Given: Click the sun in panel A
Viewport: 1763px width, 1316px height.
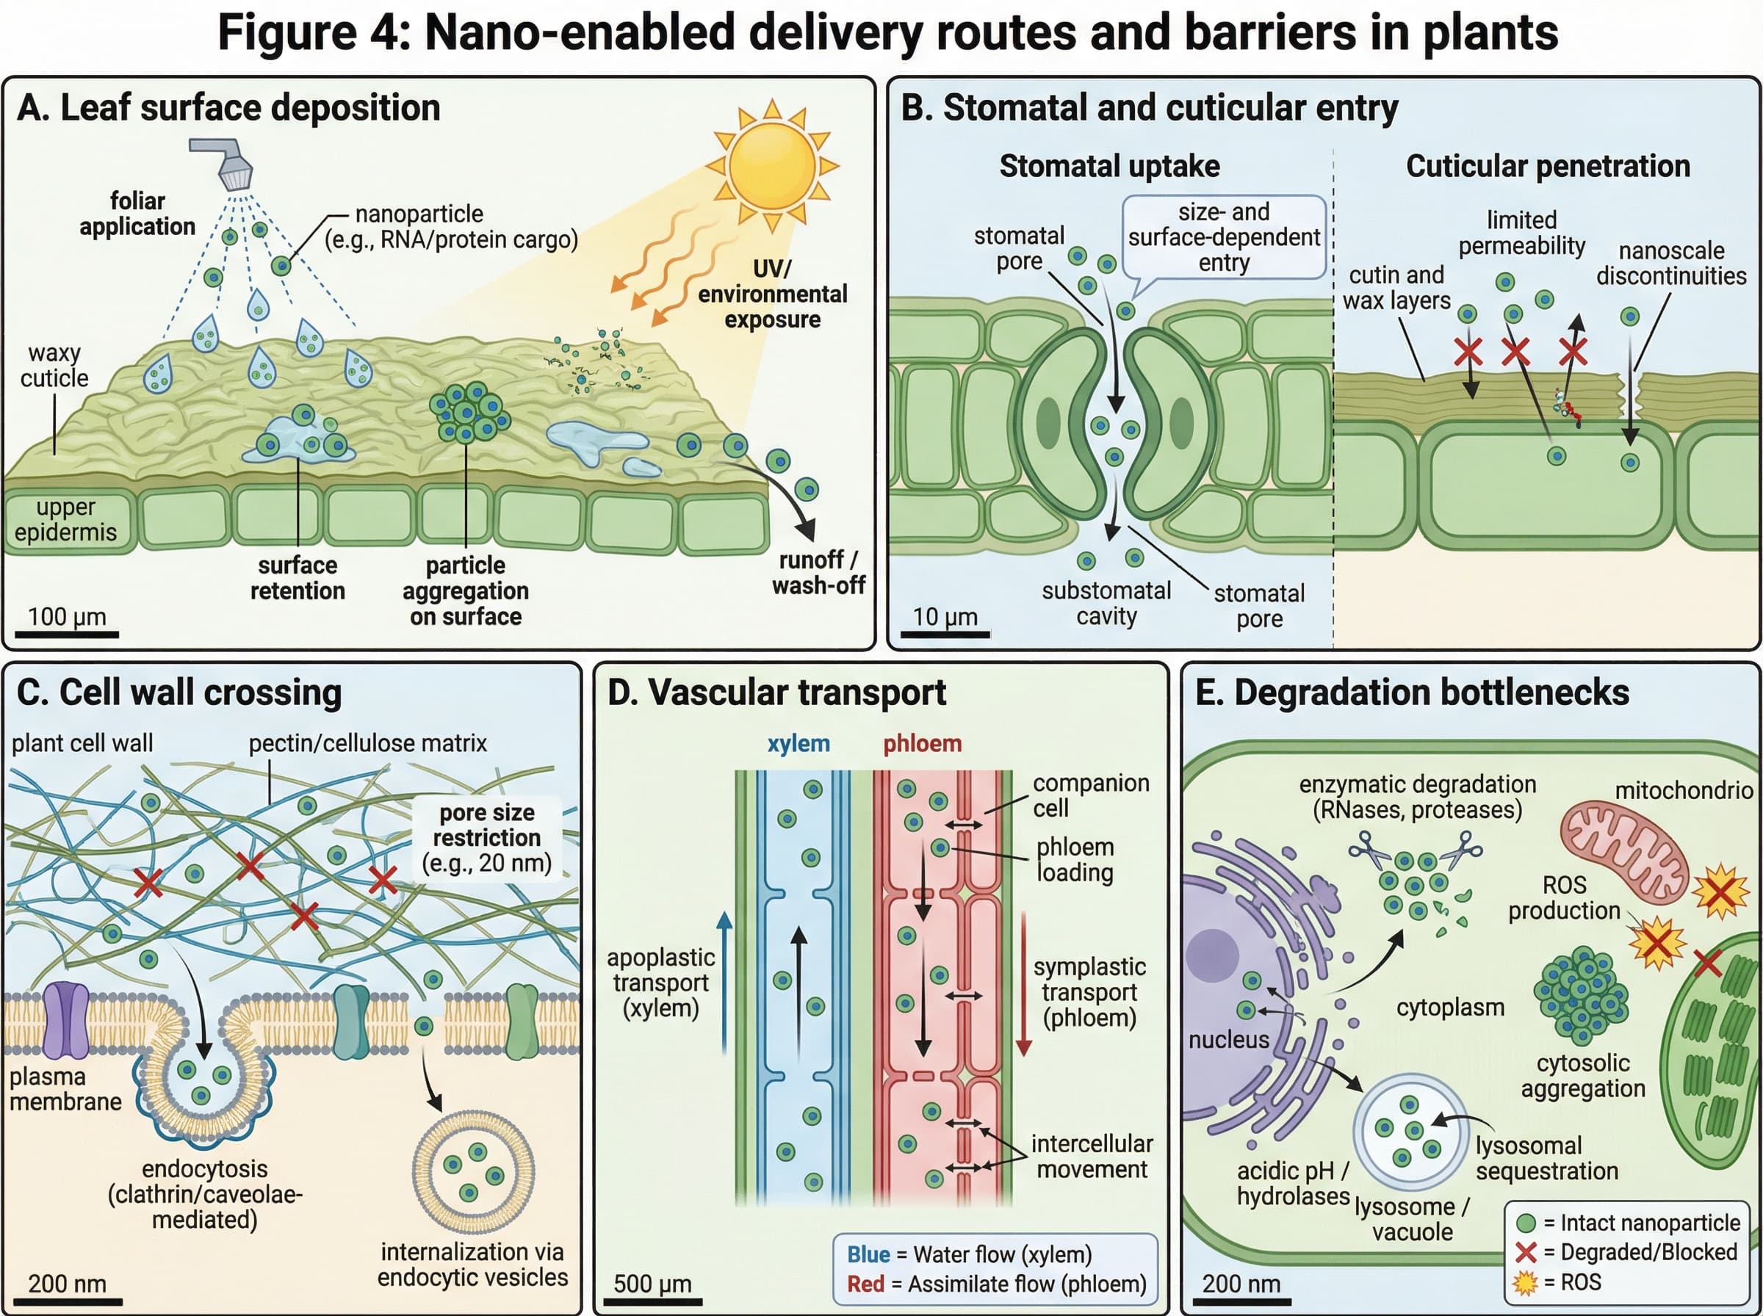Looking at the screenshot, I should (771, 165).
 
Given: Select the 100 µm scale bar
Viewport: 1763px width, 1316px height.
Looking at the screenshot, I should (66, 634).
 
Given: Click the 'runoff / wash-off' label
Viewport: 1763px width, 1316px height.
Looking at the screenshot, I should (818, 573).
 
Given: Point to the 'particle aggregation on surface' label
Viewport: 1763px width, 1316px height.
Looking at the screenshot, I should (465, 591).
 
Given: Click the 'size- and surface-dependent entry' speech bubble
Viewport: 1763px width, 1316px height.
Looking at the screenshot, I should (1224, 237).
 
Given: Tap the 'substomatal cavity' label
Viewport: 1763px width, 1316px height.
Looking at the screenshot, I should (1106, 603).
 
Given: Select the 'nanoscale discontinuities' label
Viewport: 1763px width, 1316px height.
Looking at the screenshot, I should (1670, 263).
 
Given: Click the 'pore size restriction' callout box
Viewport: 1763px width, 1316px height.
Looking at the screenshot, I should (487, 838).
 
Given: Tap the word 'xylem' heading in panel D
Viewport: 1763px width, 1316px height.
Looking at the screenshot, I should (798, 743).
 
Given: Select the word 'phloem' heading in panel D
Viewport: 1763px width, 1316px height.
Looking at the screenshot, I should (922, 743).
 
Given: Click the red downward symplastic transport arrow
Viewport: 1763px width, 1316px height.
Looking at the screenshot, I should (1024, 985).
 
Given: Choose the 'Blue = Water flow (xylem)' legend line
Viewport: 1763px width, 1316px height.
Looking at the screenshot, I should (969, 1254).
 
